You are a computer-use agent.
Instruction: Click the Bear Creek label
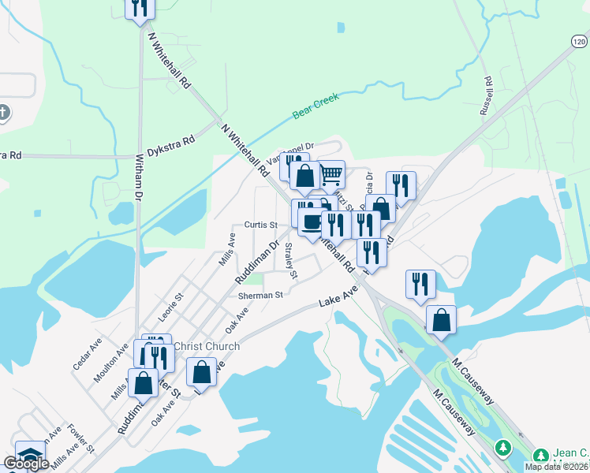(x=316, y=106)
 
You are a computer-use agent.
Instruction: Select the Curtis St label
(x=260, y=225)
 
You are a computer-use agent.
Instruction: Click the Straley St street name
(x=290, y=261)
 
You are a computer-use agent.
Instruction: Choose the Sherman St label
(x=260, y=295)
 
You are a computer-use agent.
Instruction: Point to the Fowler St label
(x=80, y=438)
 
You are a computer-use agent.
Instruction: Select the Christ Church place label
(x=206, y=346)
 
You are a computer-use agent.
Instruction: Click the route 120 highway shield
(x=579, y=41)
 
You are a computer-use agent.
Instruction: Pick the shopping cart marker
(x=332, y=173)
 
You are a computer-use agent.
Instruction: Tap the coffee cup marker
(x=312, y=222)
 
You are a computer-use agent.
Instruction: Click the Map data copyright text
(x=557, y=467)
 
